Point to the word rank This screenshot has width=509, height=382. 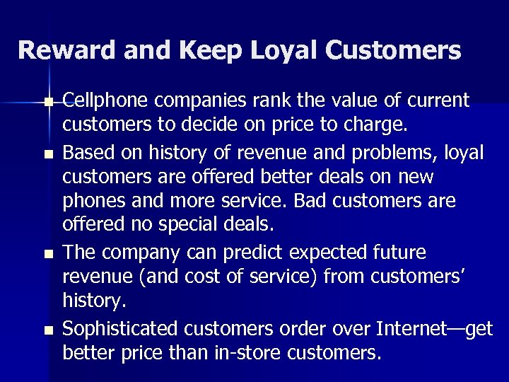tap(263, 101)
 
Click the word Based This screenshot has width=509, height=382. tap(86, 151)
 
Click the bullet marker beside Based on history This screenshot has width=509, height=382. tap(48, 153)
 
